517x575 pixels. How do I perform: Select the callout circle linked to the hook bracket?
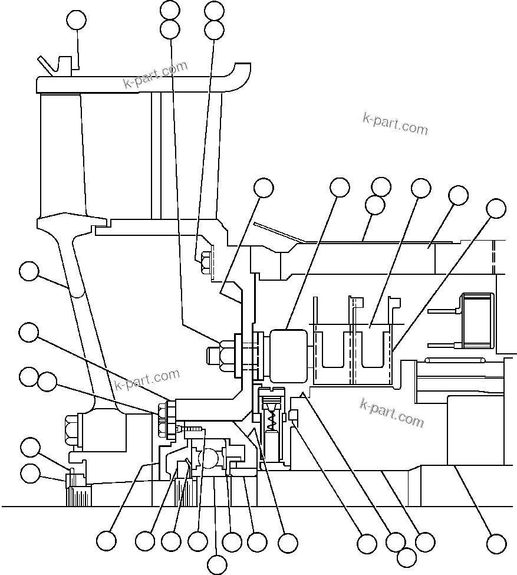[76, 20]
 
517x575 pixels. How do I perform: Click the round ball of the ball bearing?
[210, 458]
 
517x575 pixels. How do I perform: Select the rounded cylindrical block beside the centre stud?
[288, 354]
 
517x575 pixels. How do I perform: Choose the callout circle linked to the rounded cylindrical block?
[340, 188]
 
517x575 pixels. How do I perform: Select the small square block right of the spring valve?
[294, 417]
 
